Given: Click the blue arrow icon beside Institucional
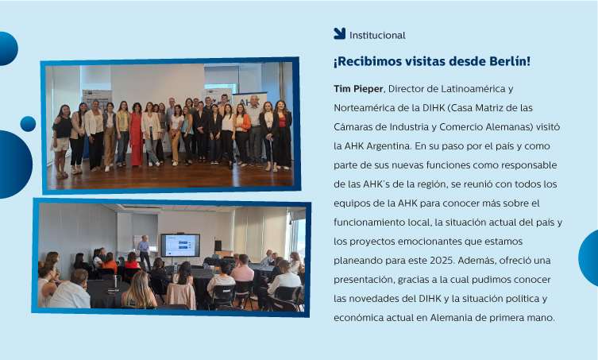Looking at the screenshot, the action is pyautogui.click(x=339, y=33).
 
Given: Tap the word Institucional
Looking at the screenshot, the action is pyautogui.click(x=377, y=36).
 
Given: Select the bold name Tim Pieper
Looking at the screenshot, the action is pyautogui.click(x=358, y=89).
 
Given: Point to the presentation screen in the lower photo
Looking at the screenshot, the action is pyautogui.click(x=180, y=245).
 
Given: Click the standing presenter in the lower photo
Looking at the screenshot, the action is pyautogui.click(x=144, y=252).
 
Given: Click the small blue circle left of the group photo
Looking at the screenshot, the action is pyautogui.click(x=28, y=124).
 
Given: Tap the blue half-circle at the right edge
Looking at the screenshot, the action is pyautogui.click(x=588, y=257).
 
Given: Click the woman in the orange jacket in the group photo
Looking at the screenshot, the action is pyautogui.click(x=241, y=135).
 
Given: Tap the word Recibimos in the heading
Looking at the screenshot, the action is pyautogui.click(x=367, y=61).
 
